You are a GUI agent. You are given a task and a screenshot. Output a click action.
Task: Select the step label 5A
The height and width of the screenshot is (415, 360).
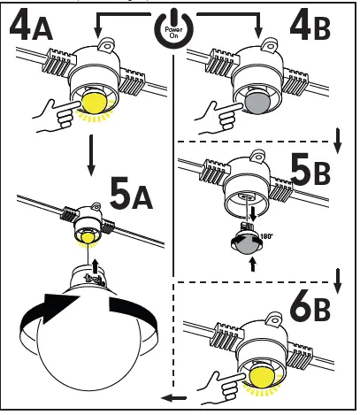pyautogui.click(x=130, y=190)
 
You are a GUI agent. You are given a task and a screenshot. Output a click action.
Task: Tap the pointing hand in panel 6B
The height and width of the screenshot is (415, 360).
pyautogui.click(x=218, y=381)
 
